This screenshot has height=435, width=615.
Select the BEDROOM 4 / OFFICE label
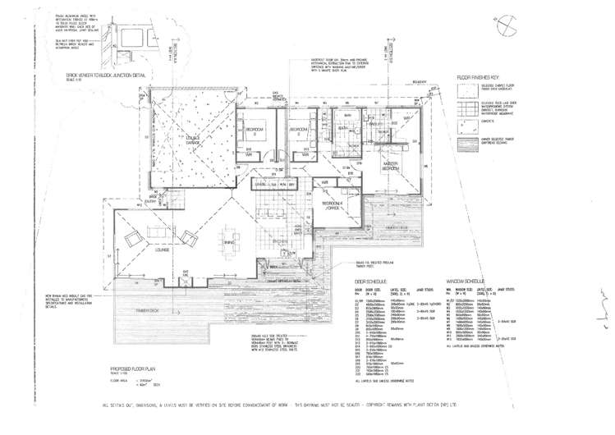pyautogui.click(x=333, y=204)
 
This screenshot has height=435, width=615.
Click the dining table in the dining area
pyautogui.click(x=229, y=240)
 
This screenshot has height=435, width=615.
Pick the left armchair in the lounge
pyautogui.click(x=132, y=239)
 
